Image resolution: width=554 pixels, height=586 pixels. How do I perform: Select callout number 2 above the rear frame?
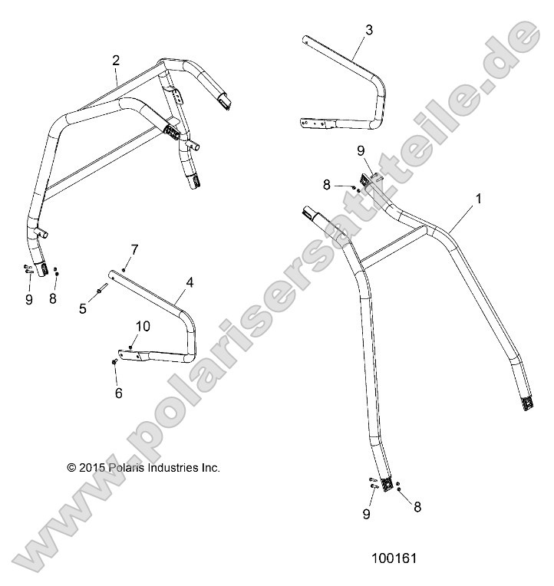(x=116, y=60)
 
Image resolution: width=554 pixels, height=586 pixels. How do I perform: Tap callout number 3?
(x=369, y=30)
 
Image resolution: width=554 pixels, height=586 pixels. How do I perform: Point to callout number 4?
(x=189, y=281)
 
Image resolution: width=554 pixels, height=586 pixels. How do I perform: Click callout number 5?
(x=83, y=308)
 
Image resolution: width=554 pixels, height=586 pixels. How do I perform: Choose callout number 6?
(x=118, y=393)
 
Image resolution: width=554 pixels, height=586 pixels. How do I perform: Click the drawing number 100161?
(x=392, y=559)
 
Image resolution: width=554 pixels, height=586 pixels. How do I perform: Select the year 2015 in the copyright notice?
(x=91, y=466)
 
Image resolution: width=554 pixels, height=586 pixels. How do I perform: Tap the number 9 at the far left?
(x=29, y=300)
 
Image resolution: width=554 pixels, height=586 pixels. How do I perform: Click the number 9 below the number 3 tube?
(x=361, y=152)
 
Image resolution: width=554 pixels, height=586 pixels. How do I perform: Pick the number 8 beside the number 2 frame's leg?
(x=53, y=299)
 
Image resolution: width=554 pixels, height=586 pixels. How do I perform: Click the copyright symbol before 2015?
(x=72, y=466)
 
